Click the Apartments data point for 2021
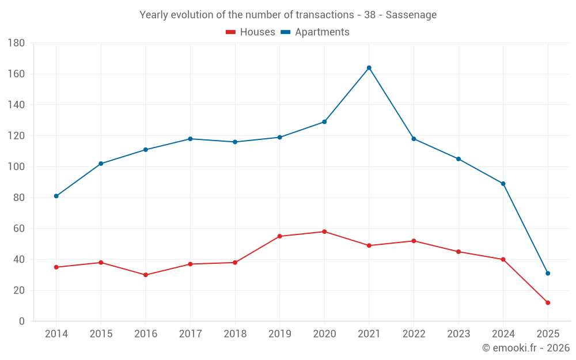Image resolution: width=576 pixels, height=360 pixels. (369, 68)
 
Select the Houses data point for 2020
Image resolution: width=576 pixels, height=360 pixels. (324, 232)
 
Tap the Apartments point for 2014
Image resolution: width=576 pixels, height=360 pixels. (56, 196)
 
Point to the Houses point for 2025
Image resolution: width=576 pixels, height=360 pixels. (548, 302)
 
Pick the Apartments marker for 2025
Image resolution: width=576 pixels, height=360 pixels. (548, 273)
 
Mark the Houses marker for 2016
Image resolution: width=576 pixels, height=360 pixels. (146, 275)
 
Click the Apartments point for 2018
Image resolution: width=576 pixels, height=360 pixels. (235, 142)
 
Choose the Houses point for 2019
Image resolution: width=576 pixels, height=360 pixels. (280, 236)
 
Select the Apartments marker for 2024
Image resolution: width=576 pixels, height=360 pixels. (503, 184)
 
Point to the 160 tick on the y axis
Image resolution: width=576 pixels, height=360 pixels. (16, 74)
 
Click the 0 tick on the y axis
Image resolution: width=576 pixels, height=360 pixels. (21, 321)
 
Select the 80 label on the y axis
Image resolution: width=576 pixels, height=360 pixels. (18, 198)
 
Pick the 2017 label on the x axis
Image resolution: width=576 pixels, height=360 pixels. (190, 334)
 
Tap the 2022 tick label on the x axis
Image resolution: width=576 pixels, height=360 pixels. (414, 334)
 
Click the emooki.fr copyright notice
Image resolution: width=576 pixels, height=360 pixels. (525, 348)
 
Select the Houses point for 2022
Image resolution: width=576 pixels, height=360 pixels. (414, 241)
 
